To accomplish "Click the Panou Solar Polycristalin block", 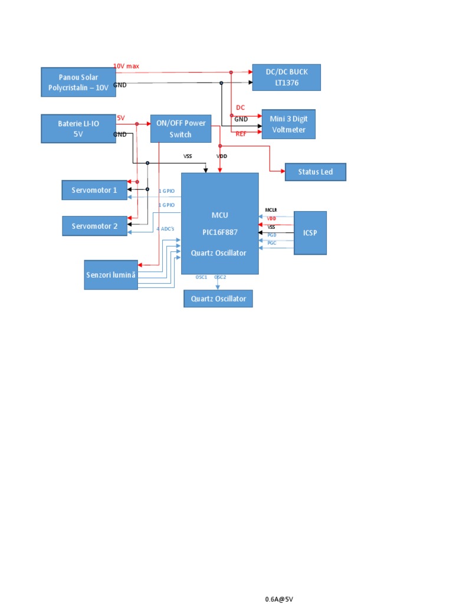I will click(78, 83).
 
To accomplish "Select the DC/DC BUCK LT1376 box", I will click(286, 77).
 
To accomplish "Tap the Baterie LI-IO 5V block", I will click(78, 129).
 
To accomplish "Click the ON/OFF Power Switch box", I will click(180, 129).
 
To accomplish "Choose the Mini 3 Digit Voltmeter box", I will click(288, 124).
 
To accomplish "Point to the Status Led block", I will click(315, 172).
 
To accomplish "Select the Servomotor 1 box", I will click(94, 190).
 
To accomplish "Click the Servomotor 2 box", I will click(94, 225).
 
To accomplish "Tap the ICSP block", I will click(310, 232).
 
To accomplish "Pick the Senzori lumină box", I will click(111, 275).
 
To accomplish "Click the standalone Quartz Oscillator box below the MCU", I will click(218, 299).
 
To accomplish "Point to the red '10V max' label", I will click(126, 66).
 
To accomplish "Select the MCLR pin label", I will click(271, 210).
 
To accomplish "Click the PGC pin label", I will click(271, 243).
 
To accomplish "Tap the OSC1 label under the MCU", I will click(201, 277).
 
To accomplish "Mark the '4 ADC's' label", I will click(165, 228).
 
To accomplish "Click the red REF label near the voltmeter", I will click(241, 134).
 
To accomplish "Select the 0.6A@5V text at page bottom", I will click(278, 599).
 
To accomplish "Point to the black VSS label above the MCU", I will click(188, 156).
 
